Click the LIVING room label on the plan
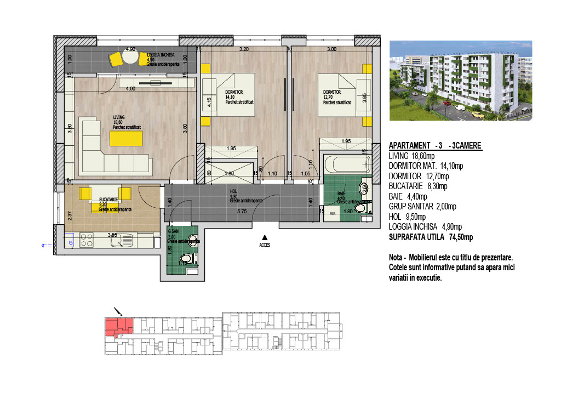coord(119,117)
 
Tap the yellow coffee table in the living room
coord(126,139)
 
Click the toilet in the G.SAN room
coord(186,259)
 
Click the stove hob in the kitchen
coord(87,240)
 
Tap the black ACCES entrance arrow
coord(265,237)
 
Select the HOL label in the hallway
coord(233,192)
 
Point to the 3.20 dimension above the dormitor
coord(244,49)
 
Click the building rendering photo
coord(460,80)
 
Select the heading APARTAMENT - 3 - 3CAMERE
coord(435,146)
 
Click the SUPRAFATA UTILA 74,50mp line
coord(430,237)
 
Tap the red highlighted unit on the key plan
coord(118,327)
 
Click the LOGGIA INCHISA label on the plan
coord(161,55)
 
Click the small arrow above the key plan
coord(117,311)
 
